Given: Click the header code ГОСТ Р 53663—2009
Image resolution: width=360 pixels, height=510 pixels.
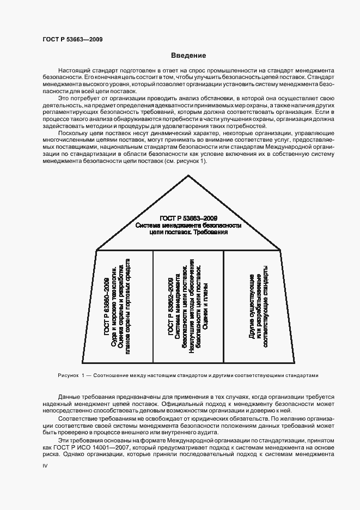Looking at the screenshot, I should click(72, 39).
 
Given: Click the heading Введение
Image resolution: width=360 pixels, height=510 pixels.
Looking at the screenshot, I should click(188, 56).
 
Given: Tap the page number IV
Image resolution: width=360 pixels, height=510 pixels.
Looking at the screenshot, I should click(45, 468).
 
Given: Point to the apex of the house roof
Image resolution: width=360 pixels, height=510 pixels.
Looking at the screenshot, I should click(188, 175).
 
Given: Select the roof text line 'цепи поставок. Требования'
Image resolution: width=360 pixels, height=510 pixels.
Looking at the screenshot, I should click(188, 232).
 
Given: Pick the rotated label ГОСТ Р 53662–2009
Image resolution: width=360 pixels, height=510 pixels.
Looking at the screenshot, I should click(171, 309).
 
